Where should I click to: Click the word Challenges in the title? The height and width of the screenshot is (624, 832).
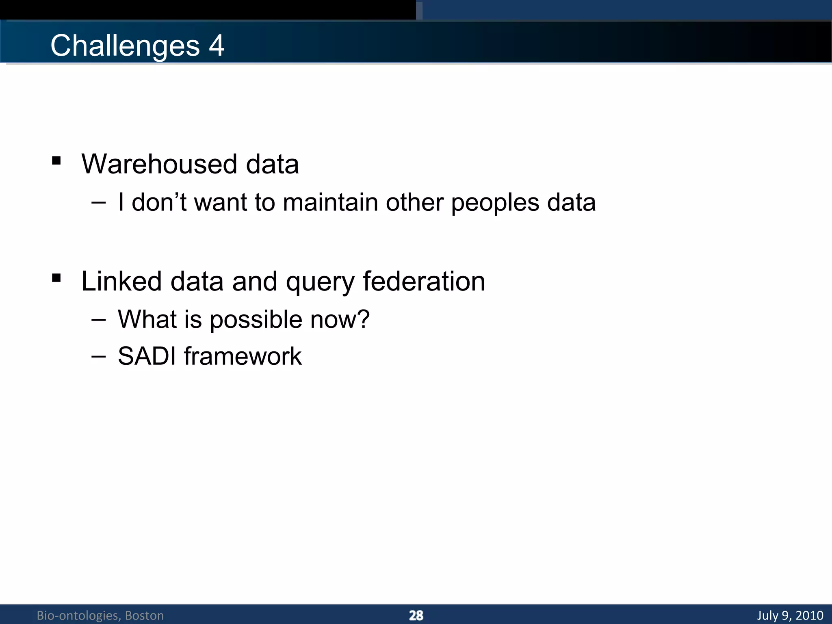[125, 45]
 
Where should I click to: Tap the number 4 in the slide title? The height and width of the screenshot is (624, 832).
[217, 45]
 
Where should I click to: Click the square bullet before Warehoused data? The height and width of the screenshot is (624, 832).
[56, 161]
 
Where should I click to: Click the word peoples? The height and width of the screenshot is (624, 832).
[495, 203]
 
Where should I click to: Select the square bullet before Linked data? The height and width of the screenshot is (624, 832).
[56, 278]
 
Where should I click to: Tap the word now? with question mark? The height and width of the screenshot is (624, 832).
[340, 319]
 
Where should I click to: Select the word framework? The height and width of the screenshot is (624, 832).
[243, 356]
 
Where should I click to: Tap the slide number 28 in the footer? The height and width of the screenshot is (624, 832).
[416, 615]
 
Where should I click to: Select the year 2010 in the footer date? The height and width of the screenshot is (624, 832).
[809, 615]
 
